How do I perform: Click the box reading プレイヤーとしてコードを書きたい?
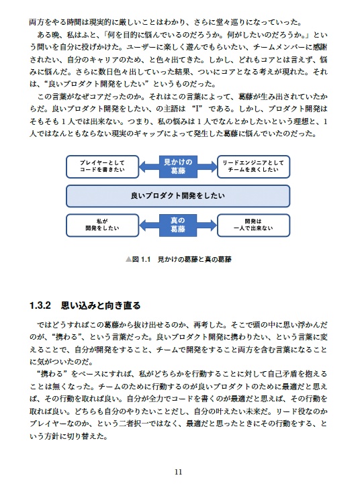pyautogui.click(x=103, y=166)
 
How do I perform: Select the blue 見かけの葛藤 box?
pyautogui.click(x=178, y=166)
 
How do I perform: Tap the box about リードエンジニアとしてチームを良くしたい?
pyautogui.click(x=254, y=166)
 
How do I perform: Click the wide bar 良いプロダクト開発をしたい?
pyautogui.click(x=178, y=195)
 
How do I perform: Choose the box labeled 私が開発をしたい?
pyautogui.click(x=103, y=224)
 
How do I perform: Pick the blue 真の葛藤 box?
pyautogui.click(x=178, y=224)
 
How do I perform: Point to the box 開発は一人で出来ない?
pyautogui.click(x=254, y=224)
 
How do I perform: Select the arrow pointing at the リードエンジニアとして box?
pyautogui.click(x=208, y=166)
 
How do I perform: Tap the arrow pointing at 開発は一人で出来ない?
pyautogui.click(x=208, y=224)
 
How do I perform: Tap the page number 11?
pyautogui.click(x=178, y=471)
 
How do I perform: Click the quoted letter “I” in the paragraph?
pyautogui.click(x=197, y=108)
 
